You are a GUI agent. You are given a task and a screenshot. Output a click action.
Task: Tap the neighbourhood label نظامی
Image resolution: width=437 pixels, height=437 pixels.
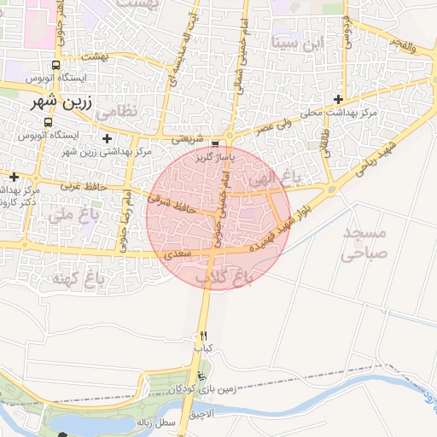114,112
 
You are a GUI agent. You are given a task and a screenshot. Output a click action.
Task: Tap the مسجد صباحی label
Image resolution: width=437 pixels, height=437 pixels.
364,242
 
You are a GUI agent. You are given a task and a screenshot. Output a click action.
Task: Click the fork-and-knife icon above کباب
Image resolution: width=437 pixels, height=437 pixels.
203,335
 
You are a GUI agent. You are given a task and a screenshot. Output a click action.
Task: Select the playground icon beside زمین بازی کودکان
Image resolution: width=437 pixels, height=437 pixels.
201,376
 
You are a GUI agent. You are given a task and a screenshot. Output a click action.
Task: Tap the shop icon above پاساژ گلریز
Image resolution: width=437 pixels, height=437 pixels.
214,143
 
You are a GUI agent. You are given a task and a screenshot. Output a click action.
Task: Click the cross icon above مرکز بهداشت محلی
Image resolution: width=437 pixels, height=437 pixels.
339,99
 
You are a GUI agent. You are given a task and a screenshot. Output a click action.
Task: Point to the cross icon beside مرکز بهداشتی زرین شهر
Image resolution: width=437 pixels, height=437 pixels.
106,137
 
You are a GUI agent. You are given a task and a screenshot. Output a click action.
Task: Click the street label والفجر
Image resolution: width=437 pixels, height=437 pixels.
401,44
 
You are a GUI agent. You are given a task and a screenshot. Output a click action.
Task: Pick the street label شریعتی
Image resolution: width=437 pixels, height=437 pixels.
188,139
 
